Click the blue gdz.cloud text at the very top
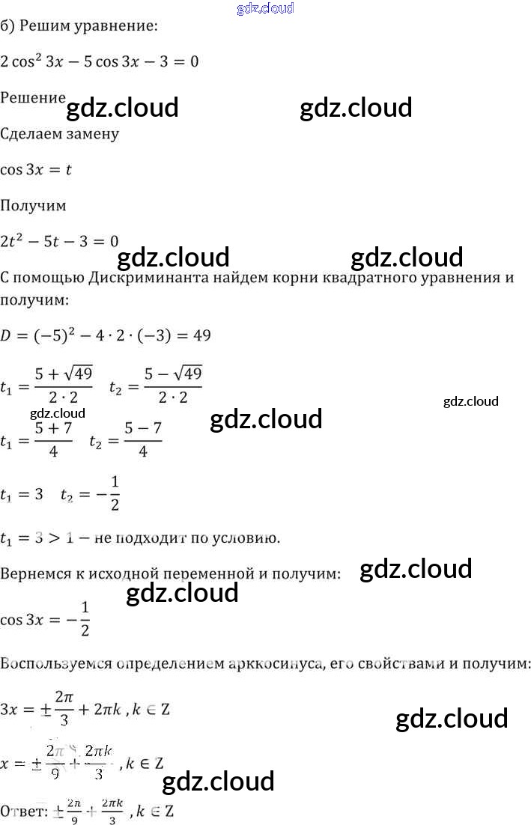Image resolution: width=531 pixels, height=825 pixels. coord(264,8)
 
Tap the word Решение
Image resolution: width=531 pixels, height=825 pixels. coord(32,97)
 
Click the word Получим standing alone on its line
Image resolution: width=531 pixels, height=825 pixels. coord(33,204)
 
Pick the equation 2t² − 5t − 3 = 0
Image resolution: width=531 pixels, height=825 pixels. coord(60,240)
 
